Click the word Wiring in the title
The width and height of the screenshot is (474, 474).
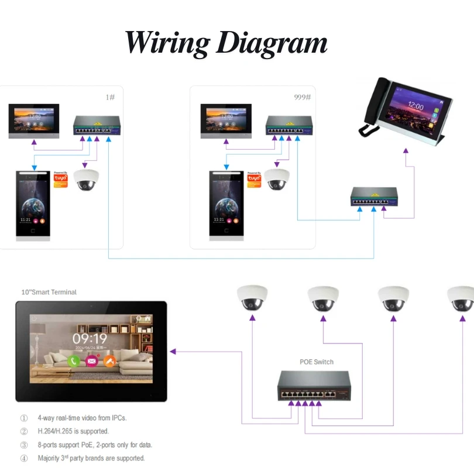click(167, 43)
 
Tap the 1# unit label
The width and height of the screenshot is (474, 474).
click(109, 97)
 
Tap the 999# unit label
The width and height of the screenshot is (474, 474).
click(302, 97)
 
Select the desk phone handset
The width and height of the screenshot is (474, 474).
click(369, 108)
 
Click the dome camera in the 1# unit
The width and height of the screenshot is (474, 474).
click(87, 180)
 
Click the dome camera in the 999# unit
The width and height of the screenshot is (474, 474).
click(276, 180)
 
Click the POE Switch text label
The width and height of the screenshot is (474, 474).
click(316, 362)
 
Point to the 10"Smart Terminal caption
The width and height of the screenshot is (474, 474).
click(49, 292)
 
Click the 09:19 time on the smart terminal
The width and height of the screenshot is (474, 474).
click(90, 338)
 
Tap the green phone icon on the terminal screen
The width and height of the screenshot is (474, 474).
click(74, 361)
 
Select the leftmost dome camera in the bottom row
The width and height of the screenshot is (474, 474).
click(252, 298)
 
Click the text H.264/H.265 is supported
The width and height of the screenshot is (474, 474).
click(73, 431)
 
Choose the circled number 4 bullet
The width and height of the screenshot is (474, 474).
click(24, 458)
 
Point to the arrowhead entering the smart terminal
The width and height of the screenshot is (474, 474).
click(173, 352)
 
